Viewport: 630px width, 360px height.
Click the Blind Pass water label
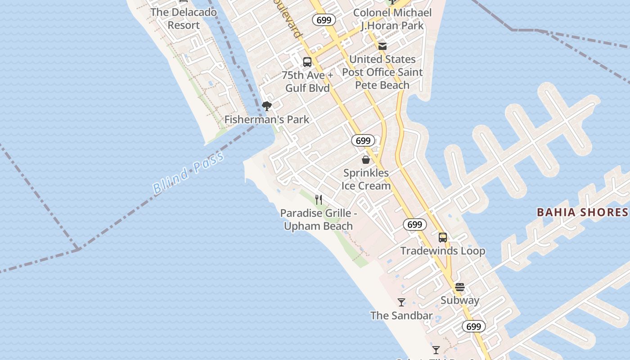click(188, 173)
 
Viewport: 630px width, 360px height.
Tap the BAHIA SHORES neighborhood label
click(582, 212)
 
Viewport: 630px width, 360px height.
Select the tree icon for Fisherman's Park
click(267, 107)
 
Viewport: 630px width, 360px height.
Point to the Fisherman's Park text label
click(267, 120)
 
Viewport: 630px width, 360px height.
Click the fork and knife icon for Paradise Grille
click(319, 199)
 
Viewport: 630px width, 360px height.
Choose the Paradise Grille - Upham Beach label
click(318, 220)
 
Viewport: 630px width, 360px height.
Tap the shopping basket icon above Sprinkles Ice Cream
click(366, 160)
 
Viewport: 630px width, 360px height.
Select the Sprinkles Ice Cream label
click(366, 179)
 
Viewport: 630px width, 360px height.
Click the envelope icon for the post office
click(382, 46)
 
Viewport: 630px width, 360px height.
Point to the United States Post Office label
click(382, 72)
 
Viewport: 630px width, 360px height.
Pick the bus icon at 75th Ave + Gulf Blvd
click(307, 62)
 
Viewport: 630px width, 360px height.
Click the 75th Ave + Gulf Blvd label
click(308, 81)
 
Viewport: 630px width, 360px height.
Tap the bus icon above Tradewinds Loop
click(443, 237)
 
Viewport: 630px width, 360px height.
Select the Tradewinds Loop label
click(443, 251)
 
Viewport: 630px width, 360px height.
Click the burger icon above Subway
click(459, 287)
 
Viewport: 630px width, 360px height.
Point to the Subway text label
click(459, 300)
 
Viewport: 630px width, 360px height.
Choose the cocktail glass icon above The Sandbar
click(401, 302)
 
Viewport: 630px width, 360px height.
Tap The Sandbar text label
click(401, 315)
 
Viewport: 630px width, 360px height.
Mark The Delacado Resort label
click(184, 19)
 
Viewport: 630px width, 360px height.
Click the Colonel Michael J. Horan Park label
click(392, 19)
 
